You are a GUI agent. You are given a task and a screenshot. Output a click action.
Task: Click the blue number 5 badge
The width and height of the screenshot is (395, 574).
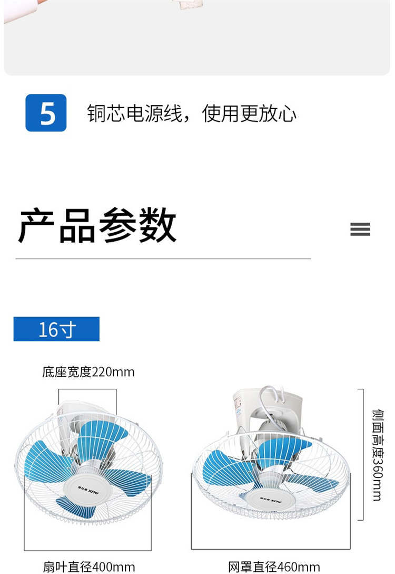click(46, 113)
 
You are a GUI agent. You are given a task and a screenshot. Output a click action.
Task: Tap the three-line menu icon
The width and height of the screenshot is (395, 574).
click(360, 229)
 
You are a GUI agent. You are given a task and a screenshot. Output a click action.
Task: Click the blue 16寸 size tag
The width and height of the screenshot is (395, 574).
click(56, 329)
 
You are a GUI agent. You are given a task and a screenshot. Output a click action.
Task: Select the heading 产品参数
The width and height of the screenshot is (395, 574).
click(97, 225)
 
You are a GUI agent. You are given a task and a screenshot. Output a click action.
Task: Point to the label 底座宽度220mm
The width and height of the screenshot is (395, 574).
click(88, 372)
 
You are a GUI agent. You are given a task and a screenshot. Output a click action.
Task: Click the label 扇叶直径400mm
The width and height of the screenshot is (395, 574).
click(89, 567)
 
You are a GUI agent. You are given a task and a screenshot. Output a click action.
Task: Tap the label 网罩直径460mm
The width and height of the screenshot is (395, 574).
click(274, 567)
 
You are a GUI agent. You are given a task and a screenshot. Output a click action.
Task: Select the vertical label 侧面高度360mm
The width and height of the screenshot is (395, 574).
click(378, 455)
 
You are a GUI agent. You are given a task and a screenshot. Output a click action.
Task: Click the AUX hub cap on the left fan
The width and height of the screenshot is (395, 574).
click(88, 488)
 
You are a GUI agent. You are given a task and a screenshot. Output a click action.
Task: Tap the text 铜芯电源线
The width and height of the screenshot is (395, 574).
click(134, 113)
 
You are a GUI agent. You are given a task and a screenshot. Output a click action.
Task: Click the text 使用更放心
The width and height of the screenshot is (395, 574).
click(249, 113)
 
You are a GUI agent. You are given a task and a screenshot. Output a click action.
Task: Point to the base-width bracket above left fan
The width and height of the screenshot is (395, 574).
click(87, 389)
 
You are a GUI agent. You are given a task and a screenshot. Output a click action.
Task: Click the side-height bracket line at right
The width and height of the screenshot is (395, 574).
click(363, 454)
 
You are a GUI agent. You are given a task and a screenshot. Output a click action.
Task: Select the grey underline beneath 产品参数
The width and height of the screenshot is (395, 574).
click(163, 259)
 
